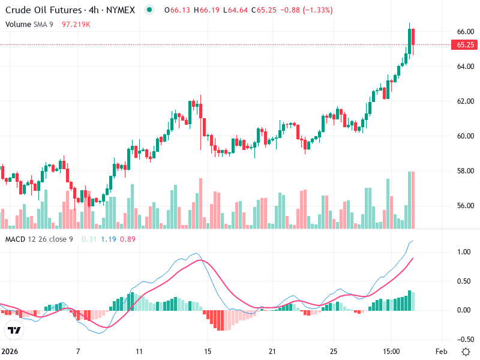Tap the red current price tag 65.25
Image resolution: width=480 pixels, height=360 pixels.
[466, 45]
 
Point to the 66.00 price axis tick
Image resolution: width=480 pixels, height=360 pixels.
[466, 31]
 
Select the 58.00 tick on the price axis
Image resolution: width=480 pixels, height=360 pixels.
[466, 171]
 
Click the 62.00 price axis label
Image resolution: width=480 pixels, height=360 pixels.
[466, 101]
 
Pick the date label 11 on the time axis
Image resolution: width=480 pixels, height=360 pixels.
[140, 350]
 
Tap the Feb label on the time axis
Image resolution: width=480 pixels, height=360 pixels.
[440, 350]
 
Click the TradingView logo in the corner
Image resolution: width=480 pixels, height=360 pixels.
[14, 331]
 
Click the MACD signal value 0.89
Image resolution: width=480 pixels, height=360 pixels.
[127, 239]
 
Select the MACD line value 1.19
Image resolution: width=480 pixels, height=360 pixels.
[109, 239]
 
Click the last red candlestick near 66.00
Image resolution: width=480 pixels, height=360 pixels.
[413, 37]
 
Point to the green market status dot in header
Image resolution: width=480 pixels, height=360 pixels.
[150, 10]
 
